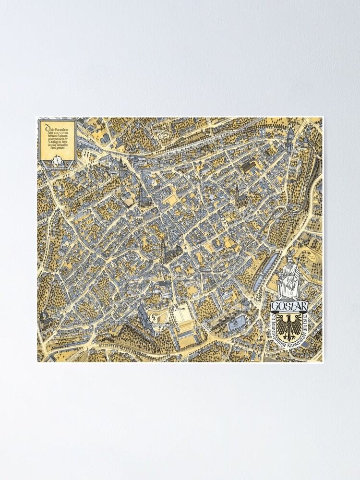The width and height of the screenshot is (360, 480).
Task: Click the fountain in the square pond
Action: (x=237, y=325)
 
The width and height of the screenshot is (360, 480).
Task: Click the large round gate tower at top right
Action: (x=290, y=132)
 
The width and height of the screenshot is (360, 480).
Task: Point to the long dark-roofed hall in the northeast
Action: (x=250, y=167)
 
